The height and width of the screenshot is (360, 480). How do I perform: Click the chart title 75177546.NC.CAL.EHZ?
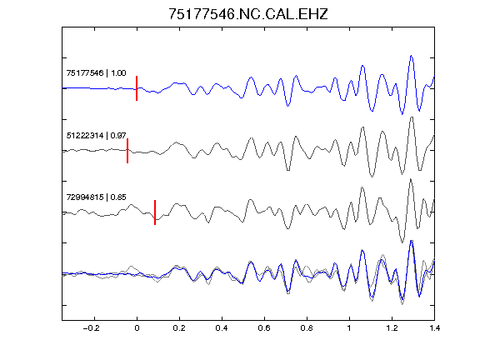click(248, 14)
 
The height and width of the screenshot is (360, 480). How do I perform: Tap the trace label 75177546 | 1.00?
click(96, 73)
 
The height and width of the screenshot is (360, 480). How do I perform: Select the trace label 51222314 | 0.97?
click(96, 135)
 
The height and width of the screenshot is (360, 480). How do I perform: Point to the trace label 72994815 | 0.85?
click(96, 197)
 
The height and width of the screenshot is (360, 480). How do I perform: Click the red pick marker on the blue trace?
click(137, 88)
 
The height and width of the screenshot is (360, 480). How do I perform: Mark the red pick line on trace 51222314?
click(127, 151)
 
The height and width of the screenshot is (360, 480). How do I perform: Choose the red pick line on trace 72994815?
click(155, 212)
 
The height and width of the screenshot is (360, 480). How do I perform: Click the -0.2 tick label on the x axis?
click(92, 328)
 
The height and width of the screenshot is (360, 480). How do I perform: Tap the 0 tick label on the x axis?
click(137, 328)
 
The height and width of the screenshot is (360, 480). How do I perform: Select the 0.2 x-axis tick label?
click(179, 328)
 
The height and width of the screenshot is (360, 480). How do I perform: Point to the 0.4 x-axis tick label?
click(222, 328)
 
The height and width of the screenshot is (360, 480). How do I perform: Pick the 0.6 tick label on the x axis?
click(264, 328)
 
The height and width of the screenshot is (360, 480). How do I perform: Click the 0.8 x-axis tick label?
click(307, 328)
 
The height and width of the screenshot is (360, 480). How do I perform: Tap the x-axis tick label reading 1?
click(349, 328)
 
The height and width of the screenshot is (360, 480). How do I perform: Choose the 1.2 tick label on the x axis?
click(392, 328)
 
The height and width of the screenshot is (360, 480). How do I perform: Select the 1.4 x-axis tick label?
click(434, 328)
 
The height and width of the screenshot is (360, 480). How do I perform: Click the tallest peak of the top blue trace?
click(411, 56)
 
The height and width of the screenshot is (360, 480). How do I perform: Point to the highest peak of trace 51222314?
click(412, 117)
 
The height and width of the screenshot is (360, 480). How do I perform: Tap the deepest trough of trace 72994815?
click(402, 242)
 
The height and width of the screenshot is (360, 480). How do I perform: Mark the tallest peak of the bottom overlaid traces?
click(412, 241)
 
